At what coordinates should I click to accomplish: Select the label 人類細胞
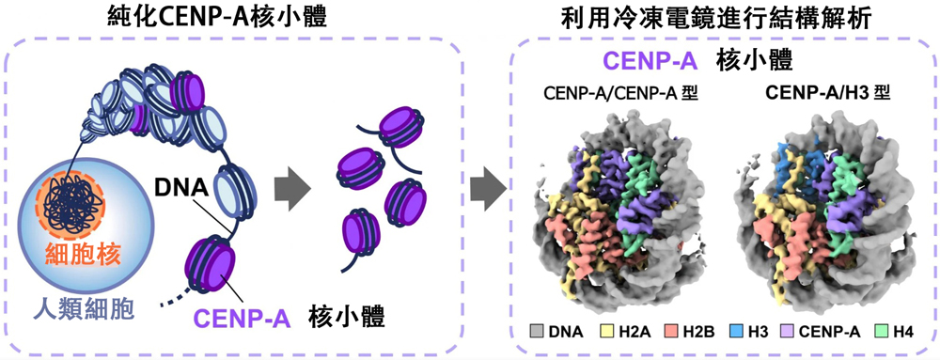tap(83, 309)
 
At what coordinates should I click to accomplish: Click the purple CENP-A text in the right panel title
tap(651, 61)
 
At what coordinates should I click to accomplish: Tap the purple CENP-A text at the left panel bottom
tap(242, 318)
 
